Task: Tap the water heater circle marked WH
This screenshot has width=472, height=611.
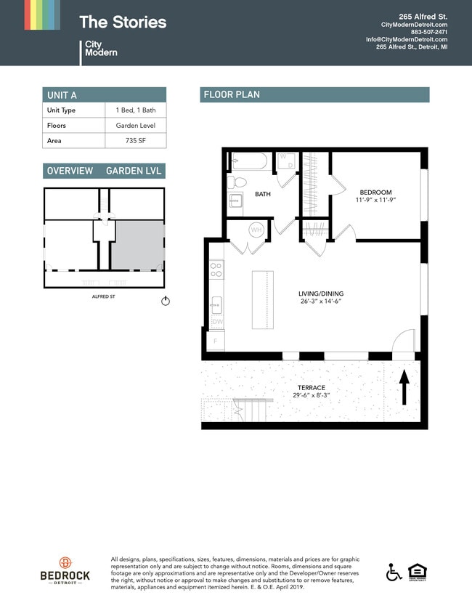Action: coord(256,230)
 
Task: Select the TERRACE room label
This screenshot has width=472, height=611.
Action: coord(311,388)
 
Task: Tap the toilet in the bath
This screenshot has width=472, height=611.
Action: coord(237,182)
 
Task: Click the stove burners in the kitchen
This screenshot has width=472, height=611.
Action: coord(216,270)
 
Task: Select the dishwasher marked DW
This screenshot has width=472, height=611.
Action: coord(216,322)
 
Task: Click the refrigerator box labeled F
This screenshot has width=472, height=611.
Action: coord(215,341)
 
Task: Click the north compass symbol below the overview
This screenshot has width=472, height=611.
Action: coord(165,301)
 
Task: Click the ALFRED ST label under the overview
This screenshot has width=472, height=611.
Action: coord(105,296)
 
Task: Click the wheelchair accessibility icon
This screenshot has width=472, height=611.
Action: coord(394,572)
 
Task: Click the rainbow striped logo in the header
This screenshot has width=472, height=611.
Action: coord(42,15)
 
